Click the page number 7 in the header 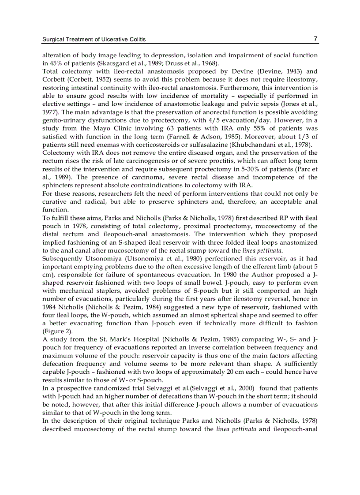pyautogui.click(x=315, y=39)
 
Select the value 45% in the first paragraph pyautogui.click(x=55, y=63)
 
